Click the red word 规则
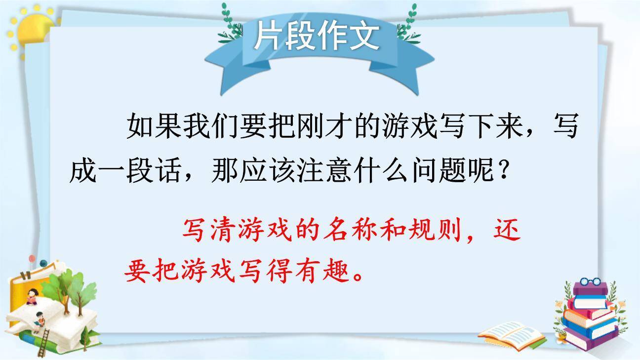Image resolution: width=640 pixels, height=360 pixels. point(435,232)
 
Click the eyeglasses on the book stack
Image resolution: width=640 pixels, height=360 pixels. point(590,283)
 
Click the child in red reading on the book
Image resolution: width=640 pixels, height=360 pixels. point(33,296)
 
